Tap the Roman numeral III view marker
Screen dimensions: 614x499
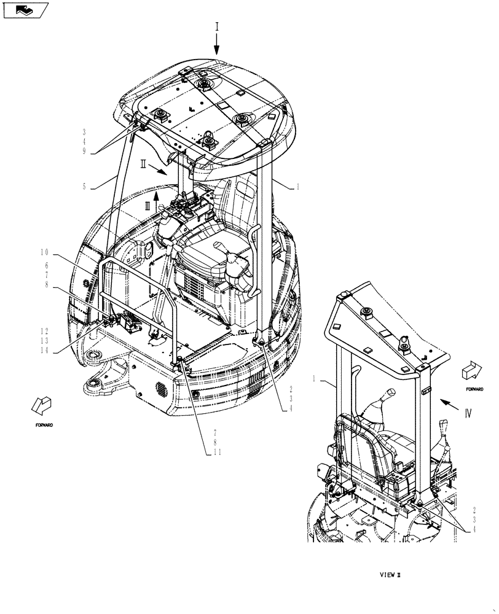point(147,207)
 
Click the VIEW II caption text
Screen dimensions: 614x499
point(390,575)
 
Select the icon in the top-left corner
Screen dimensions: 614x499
point(25,9)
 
